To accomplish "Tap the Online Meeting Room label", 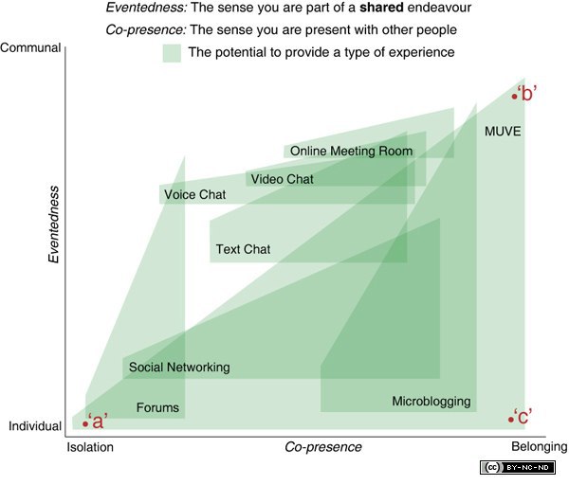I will coord(351,151).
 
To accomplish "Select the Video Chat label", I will coord(282,178).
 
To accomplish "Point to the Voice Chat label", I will coord(194,195).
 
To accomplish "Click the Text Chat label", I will coord(243,250).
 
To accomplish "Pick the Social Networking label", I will coord(179,368).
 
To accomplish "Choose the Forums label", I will coord(157,408).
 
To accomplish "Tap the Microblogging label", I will coord(431,402).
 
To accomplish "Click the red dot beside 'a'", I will coord(85,423).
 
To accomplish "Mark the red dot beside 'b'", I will coord(515,96).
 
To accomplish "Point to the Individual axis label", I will coord(34,427).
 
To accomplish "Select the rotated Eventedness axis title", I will coord(54,224).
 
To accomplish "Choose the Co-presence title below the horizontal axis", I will coord(323,446).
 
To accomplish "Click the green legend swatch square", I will coord(172,53).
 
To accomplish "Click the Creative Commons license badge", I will coord(519,468).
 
